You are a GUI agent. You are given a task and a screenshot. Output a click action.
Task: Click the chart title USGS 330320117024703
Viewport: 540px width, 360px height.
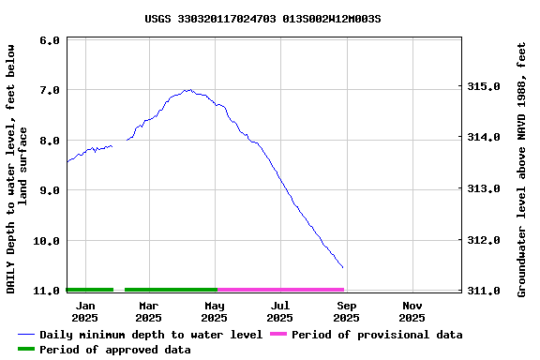point(262,18)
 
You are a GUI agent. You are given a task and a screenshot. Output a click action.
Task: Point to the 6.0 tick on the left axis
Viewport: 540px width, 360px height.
point(51,40)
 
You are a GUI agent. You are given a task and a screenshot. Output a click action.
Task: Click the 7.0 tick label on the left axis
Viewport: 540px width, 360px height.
point(51,90)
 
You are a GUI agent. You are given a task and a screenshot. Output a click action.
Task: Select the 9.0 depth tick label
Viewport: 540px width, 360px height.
point(51,190)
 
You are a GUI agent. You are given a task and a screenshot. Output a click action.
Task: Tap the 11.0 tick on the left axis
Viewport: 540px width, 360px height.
point(48,292)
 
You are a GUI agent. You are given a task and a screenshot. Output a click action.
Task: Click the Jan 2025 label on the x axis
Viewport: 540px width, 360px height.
point(85,311)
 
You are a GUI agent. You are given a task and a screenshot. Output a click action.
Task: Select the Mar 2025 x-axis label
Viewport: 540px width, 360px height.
point(148,311)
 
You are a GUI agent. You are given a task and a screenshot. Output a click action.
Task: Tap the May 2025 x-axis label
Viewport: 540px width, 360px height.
point(215,311)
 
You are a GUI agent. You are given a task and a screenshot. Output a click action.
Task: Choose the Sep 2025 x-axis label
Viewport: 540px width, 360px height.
point(346,311)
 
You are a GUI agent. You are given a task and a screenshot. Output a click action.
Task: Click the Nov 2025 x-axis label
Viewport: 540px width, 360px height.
point(412,311)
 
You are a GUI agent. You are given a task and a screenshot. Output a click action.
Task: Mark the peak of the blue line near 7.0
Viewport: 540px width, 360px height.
point(189,90)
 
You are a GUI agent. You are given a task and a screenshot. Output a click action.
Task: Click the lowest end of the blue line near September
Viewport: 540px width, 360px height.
point(342,267)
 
